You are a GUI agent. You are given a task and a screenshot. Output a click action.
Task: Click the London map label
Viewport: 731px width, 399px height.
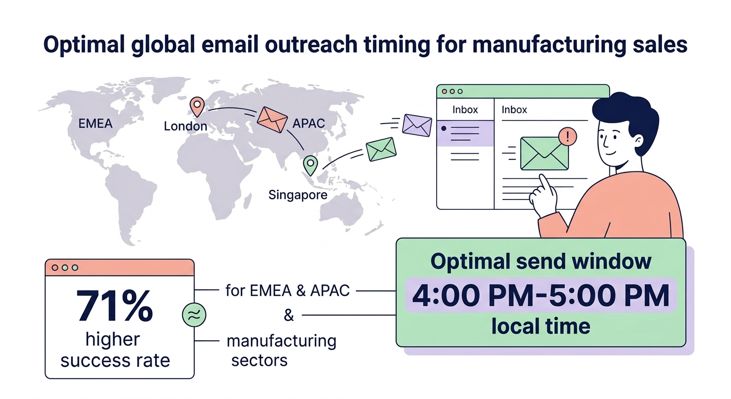[185, 126]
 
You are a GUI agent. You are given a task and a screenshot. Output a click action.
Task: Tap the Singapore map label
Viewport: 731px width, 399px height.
[298, 195]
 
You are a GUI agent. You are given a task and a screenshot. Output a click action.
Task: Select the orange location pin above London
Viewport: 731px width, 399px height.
[197, 107]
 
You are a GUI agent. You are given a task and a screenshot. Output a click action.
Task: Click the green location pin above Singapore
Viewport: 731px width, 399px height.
[310, 165]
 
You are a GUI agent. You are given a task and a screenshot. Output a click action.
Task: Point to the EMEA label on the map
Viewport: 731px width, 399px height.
[95, 124]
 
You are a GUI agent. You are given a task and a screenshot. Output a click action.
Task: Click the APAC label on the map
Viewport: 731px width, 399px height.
[308, 124]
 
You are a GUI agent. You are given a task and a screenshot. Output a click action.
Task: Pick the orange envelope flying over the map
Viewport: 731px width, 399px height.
[272, 119]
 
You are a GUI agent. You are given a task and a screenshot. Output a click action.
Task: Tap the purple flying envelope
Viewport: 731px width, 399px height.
[417, 125]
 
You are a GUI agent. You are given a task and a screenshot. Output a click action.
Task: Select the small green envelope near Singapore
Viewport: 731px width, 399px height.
[381, 150]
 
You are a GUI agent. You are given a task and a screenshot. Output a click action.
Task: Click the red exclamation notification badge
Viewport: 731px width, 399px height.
[568, 137]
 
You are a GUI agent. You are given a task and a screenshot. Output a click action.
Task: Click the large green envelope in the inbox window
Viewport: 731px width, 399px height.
[544, 153]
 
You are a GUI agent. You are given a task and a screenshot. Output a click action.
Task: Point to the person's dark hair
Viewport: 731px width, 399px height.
[625, 112]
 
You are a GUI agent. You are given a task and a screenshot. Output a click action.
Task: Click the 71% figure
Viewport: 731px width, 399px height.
[115, 305]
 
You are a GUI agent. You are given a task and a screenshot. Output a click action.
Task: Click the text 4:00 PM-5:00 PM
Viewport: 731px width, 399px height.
[540, 296]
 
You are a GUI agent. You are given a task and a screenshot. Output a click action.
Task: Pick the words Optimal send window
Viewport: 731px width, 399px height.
[540, 261]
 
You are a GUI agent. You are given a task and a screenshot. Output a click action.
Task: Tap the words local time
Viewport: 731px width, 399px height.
[540, 326]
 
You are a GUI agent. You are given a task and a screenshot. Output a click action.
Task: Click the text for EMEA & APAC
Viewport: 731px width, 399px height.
[287, 290]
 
